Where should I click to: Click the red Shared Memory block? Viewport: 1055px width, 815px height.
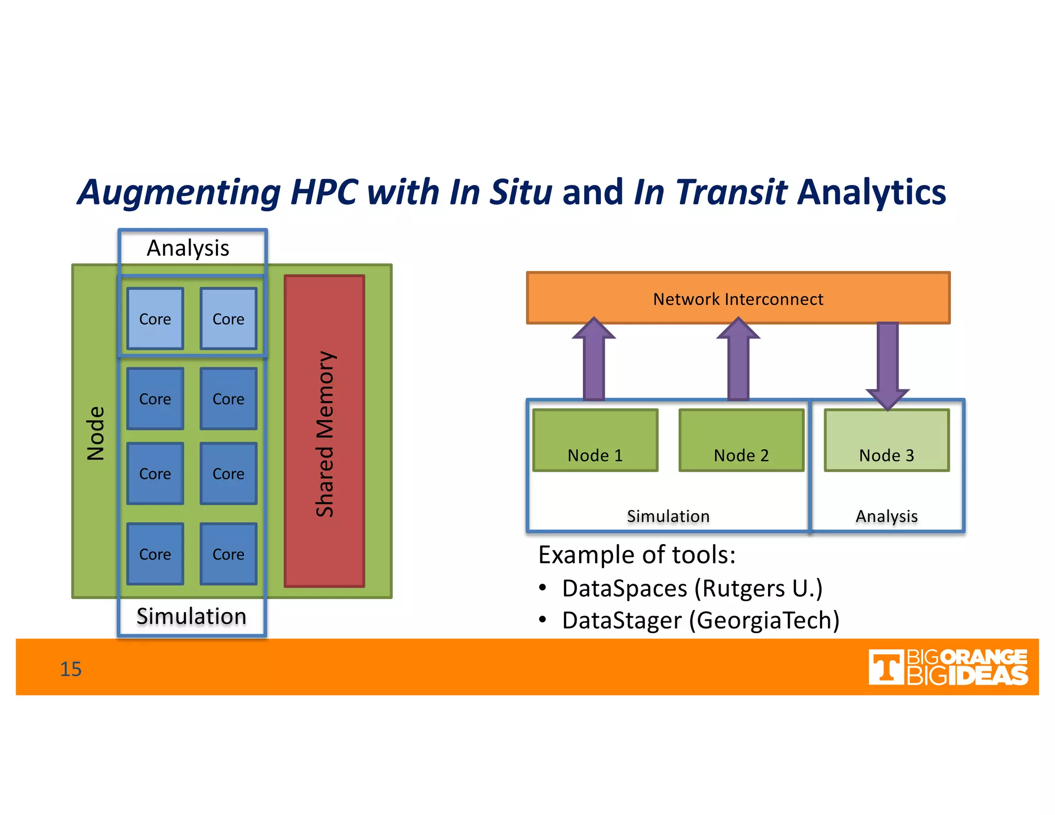[324, 431]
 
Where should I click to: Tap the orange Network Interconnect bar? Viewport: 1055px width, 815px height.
[738, 298]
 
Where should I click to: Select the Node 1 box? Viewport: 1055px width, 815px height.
[595, 440]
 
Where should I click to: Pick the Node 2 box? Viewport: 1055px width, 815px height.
[741, 440]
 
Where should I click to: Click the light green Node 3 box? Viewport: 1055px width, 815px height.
[886, 440]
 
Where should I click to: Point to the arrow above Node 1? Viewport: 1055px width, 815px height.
[594, 361]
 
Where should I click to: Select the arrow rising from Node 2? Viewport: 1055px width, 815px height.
[738, 361]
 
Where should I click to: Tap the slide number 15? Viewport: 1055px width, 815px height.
[71, 669]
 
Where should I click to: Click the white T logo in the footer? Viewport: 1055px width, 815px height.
[886, 668]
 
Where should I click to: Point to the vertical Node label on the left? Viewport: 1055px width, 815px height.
[96, 433]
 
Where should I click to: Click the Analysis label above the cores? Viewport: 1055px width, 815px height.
[188, 248]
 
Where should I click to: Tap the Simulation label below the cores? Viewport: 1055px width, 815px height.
[191, 616]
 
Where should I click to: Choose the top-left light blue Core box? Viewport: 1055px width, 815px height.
[155, 319]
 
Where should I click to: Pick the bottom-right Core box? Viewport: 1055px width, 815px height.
[228, 554]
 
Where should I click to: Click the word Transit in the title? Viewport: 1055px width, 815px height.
[731, 192]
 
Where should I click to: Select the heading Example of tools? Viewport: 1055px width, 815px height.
[637, 555]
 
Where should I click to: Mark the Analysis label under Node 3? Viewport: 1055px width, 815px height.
[887, 516]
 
